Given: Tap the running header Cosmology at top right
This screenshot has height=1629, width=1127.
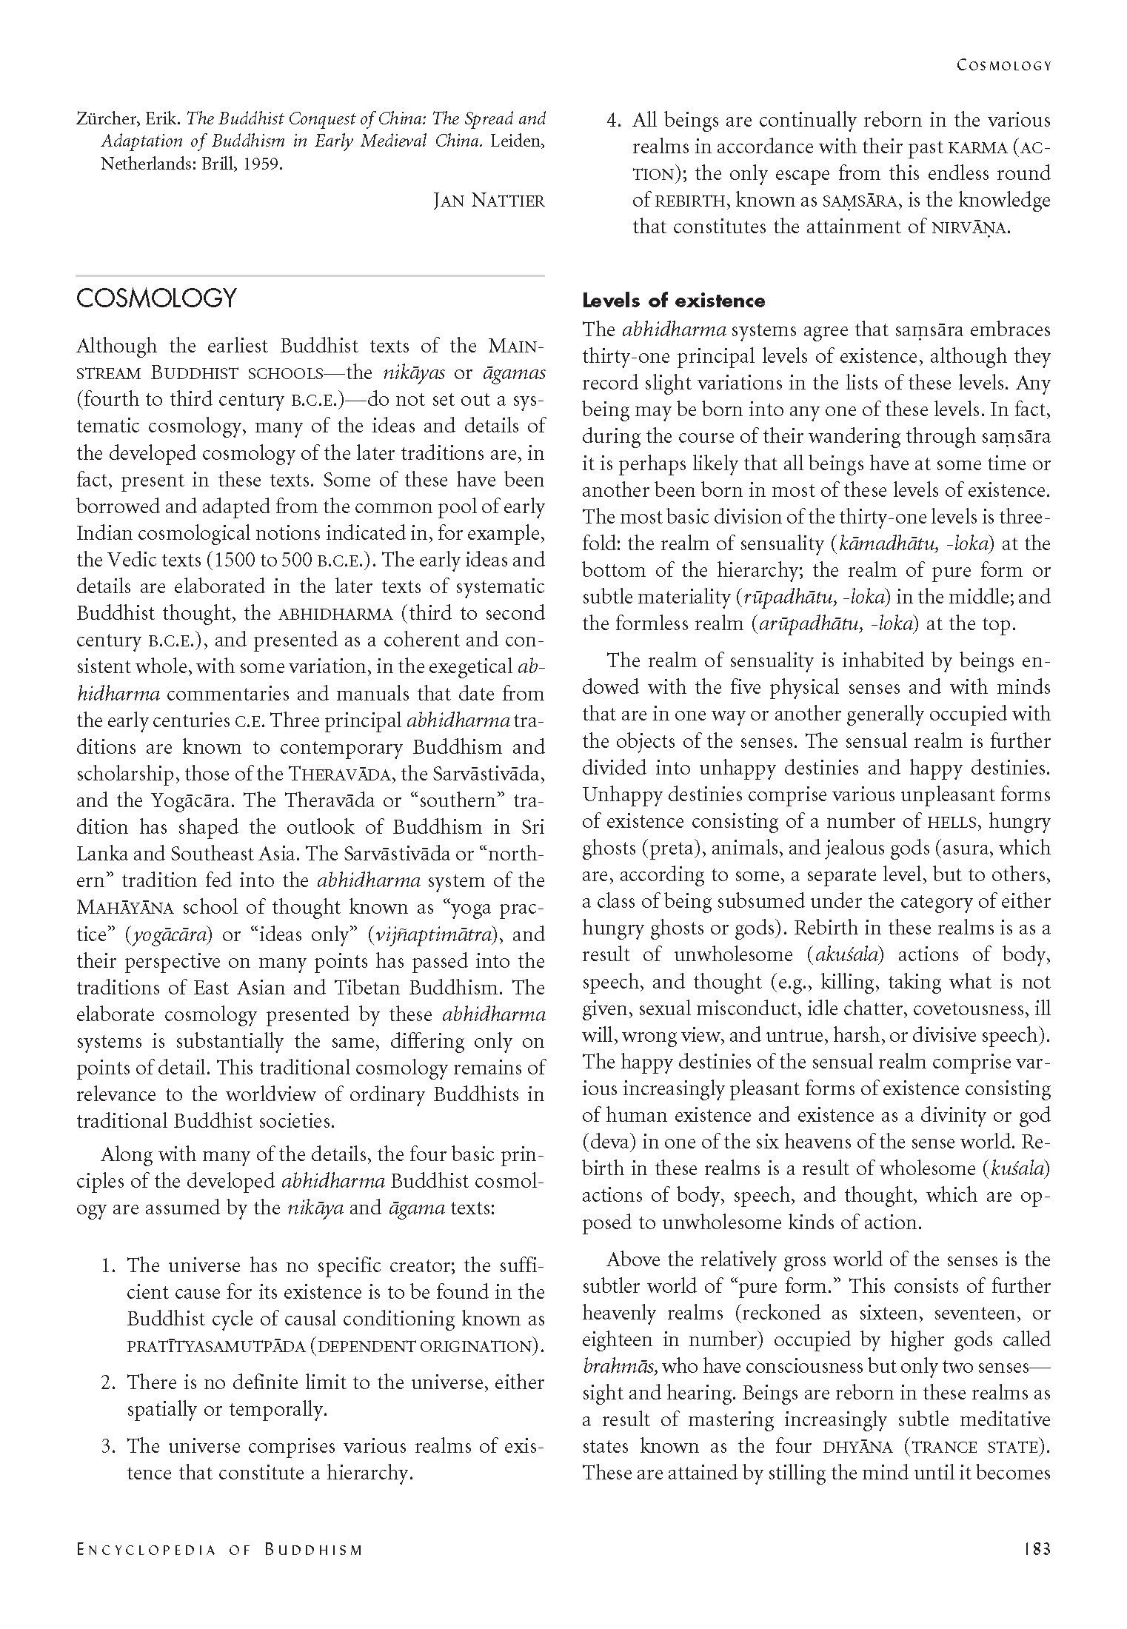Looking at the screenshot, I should (x=1004, y=65).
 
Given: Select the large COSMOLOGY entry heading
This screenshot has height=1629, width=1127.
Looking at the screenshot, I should (x=156, y=298).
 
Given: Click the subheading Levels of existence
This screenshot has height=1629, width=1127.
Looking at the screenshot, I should (x=673, y=301).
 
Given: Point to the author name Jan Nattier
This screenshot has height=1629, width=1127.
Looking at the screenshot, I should (x=489, y=201).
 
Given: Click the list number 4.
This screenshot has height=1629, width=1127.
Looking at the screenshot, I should (x=614, y=121).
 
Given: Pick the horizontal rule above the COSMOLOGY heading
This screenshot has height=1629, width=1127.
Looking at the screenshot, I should (x=310, y=275).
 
